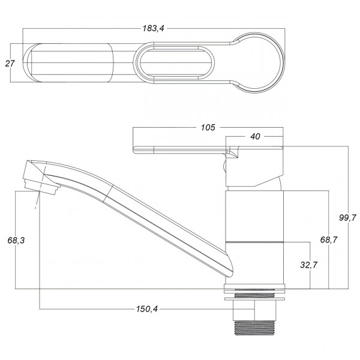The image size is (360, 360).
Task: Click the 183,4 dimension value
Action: coord(154,28)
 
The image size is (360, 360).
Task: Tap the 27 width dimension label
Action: coord(10,64)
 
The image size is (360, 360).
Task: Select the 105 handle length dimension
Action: coord(208,127)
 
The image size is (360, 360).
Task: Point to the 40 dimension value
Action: coord(255,137)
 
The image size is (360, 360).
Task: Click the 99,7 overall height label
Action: coord(348,217)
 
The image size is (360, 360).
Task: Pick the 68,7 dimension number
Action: coord(329,240)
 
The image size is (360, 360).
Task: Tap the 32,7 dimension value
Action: coord(309,265)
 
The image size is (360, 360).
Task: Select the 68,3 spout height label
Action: coord(16,241)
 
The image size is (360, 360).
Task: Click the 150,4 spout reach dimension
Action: coord(147,309)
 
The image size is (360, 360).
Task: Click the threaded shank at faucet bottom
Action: coord(254,328)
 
